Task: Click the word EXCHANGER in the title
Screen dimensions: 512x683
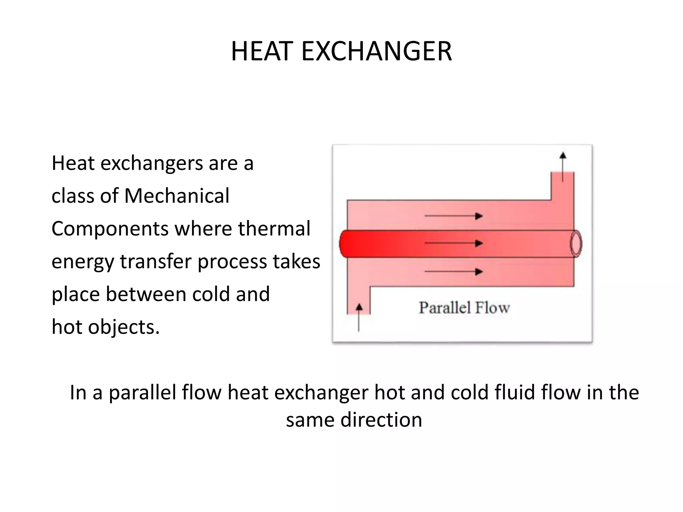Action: [x=377, y=51]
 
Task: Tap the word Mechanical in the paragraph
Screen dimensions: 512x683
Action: [x=177, y=196]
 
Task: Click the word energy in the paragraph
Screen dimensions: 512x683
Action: [x=83, y=262]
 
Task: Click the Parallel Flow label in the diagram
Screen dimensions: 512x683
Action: [x=464, y=308]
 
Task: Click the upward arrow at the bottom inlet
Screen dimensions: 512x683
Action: [x=359, y=317]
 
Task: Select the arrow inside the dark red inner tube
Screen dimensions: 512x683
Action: [x=454, y=243]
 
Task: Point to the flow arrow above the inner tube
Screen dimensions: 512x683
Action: [x=454, y=216]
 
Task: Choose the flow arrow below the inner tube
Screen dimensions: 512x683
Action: [x=454, y=272]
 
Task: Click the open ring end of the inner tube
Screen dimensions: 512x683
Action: [x=576, y=244]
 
